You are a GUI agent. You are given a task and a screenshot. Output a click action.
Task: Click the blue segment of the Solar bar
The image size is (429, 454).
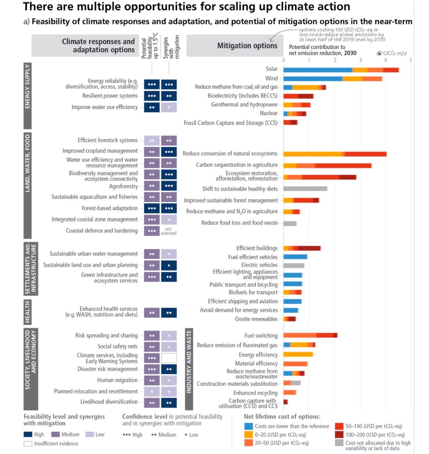click(x=317, y=70)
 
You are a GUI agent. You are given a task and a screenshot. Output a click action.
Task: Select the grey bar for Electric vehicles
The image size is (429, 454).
click(x=294, y=266)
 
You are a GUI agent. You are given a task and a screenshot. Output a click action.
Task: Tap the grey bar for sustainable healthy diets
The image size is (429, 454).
click(x=305, y=188)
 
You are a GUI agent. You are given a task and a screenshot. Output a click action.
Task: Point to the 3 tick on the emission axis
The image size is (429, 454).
click(x=360, y=59)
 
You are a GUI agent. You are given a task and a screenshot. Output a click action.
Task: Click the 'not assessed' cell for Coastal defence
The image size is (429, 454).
click(x=169, y=231)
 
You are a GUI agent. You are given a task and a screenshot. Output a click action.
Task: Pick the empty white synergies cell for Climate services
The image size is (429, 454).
click(x=169, y=358)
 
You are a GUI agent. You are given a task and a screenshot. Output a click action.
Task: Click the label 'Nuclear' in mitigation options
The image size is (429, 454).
click(x=269, y=113)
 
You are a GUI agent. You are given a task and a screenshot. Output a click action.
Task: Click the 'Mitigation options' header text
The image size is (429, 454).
click(x=247, y=46)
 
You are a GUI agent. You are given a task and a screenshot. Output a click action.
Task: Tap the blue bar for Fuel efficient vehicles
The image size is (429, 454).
click(x=295, y=257)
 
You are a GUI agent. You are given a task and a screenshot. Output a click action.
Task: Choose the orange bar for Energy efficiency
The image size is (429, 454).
click(x=298, y=354)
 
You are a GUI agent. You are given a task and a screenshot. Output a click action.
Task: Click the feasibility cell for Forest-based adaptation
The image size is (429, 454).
click(x=152, y=208)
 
